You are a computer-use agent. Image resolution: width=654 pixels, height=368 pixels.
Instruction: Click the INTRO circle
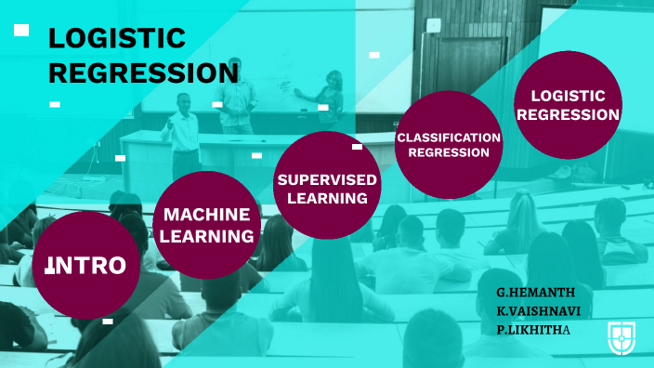(x=86, y=266)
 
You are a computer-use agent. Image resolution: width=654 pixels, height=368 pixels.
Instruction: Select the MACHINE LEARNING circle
(x=206, y=225)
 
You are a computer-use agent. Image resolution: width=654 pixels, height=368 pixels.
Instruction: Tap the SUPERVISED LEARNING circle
(x=328, y=186)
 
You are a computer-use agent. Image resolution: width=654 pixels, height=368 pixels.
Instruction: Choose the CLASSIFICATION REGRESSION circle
(x=449, y=145)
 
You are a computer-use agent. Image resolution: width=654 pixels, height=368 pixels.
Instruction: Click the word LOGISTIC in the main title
(x=116, y=39)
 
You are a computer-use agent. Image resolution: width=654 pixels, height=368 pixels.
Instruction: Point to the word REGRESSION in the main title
(x=143, y=72)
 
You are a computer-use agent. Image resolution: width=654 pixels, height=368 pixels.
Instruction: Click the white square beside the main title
(x=21, y=31)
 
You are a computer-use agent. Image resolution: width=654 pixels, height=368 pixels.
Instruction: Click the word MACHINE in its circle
(x=206, y=215)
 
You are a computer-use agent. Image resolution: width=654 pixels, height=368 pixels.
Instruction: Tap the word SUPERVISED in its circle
(x=328, y=178)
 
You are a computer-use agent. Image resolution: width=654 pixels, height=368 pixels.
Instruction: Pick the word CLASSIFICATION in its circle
(x=449, y=138)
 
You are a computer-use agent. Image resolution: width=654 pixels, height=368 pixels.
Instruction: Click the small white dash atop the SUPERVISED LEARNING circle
(x=357, y=146)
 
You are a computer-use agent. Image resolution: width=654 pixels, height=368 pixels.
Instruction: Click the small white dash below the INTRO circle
(x=108, y=322)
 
